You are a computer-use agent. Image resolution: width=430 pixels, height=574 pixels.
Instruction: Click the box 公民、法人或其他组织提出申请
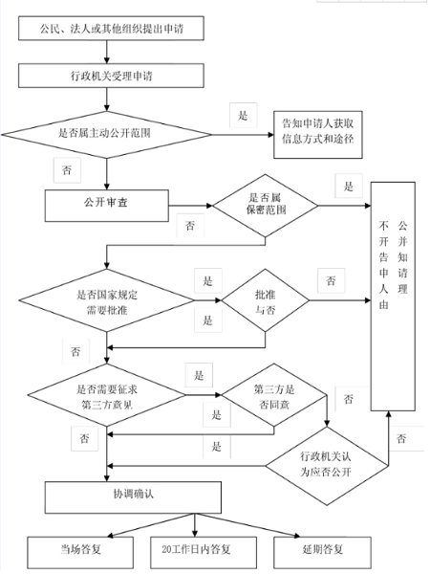coord(111,28)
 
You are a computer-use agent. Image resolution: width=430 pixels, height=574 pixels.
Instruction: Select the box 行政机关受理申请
coord(111,76)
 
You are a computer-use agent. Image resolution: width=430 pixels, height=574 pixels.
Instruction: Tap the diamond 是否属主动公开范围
coord(106,135)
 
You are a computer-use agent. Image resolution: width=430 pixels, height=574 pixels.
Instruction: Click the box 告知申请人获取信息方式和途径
coord(318,135)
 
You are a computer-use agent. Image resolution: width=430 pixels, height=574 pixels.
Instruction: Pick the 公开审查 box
coord(107,206)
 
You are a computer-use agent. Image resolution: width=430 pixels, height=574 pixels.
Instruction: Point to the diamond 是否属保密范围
coord(265,206)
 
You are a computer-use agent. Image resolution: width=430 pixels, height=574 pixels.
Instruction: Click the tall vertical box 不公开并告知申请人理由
coord(393,297)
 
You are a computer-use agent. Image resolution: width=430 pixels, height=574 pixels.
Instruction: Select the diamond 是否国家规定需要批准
coord(106,300)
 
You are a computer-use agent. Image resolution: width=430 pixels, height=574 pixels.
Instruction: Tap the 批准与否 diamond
coord(265,300)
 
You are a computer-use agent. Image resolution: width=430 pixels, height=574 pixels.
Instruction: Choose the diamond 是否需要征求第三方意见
coord(106,395)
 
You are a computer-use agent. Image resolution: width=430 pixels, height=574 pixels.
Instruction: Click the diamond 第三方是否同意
coord(274,395)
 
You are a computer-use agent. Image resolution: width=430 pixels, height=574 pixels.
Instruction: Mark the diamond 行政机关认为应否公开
coord(327,466)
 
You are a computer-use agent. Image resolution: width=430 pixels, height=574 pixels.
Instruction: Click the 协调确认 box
coord(133,497)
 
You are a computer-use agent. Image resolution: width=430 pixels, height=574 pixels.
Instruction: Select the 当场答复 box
coord(80,553)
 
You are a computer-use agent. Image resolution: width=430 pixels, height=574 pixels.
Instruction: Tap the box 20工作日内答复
coord(204,553)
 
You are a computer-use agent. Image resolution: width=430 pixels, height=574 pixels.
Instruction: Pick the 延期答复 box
coord(323,553)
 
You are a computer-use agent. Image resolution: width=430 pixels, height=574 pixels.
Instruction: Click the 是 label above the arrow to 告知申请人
coord(243,116)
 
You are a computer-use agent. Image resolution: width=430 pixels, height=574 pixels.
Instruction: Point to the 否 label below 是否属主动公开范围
coord(67,170)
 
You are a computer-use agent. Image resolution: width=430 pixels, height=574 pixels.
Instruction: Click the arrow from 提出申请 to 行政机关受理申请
coord(107,52)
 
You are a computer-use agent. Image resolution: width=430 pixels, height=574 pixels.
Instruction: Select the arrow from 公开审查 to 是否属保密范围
coord(190,206)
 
